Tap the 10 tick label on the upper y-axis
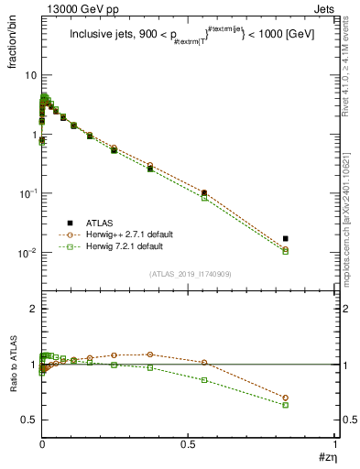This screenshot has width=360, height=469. [x=29, y=74]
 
